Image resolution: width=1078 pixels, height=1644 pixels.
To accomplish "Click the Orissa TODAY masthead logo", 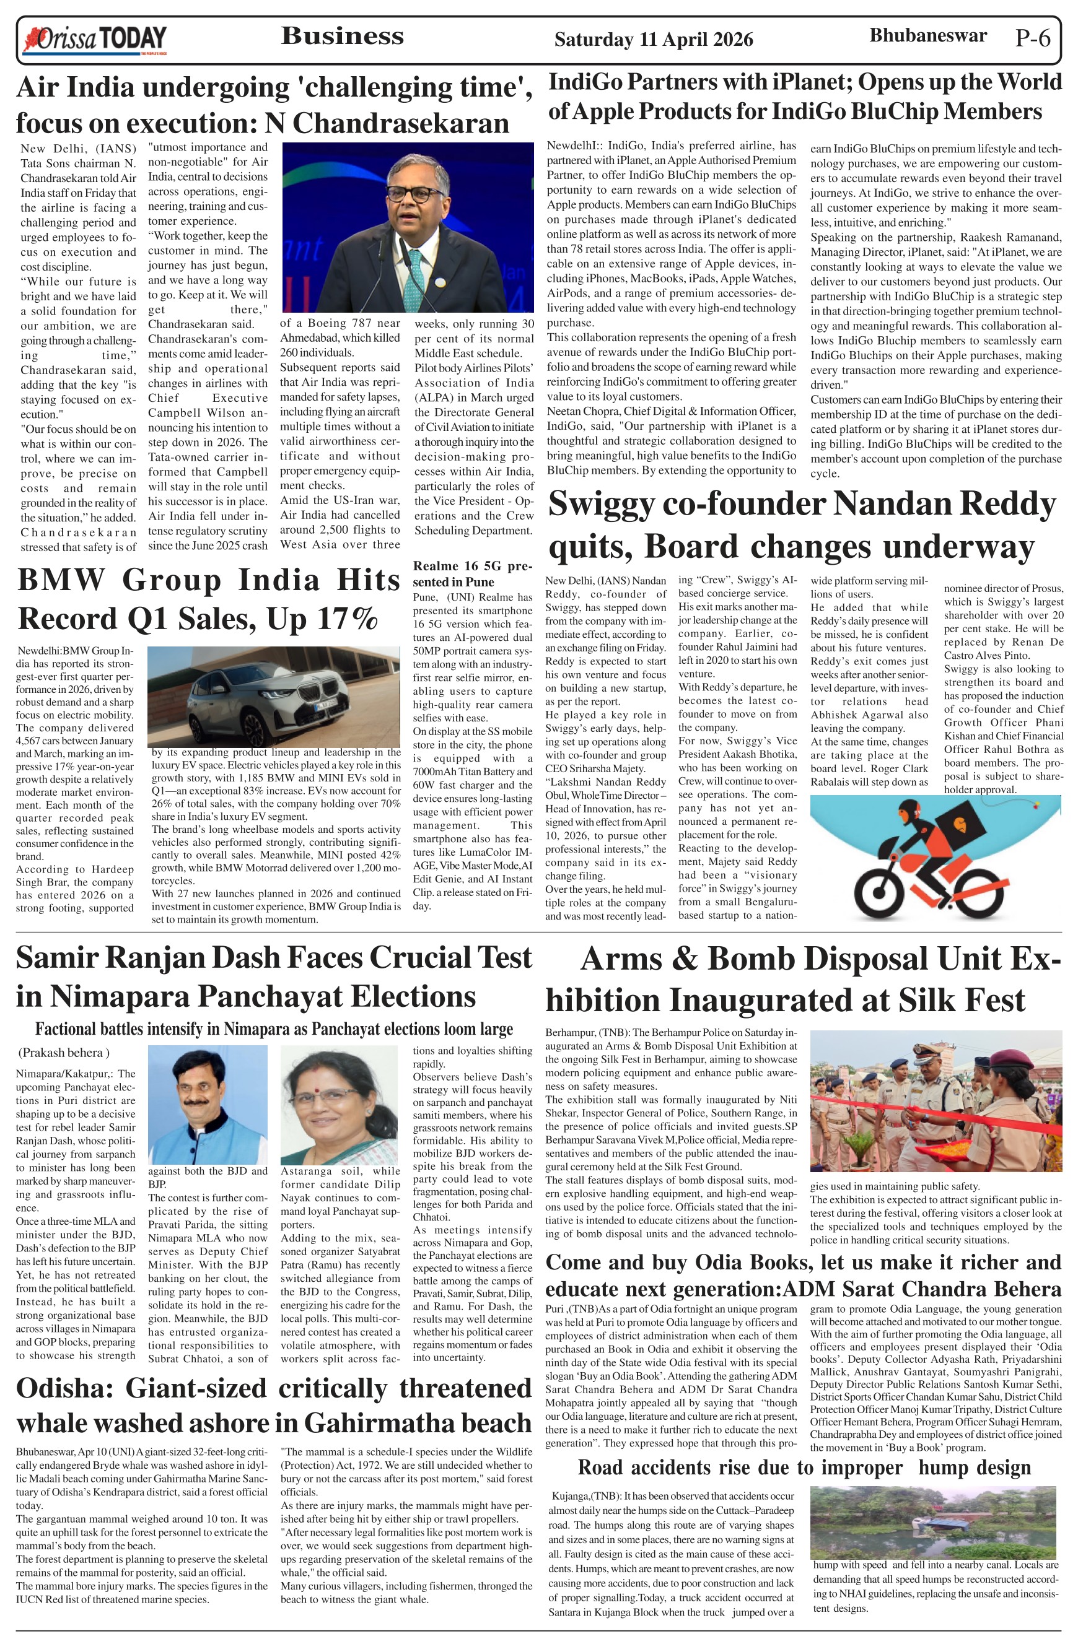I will click(x=95, y=40).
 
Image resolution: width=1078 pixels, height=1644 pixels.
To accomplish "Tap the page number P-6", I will click(x=1033, y=38).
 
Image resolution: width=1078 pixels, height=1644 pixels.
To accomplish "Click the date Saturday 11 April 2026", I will click(x=653, y=40).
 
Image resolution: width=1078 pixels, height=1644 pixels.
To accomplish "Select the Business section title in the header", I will click(x=342, y=36).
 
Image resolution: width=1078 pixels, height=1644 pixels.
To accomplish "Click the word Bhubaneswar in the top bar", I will click(x=927, y=36).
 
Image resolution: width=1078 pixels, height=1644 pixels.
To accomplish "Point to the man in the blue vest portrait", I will click(x=208, y=1103).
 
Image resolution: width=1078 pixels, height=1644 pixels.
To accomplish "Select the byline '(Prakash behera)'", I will click(x=64, y=1053).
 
